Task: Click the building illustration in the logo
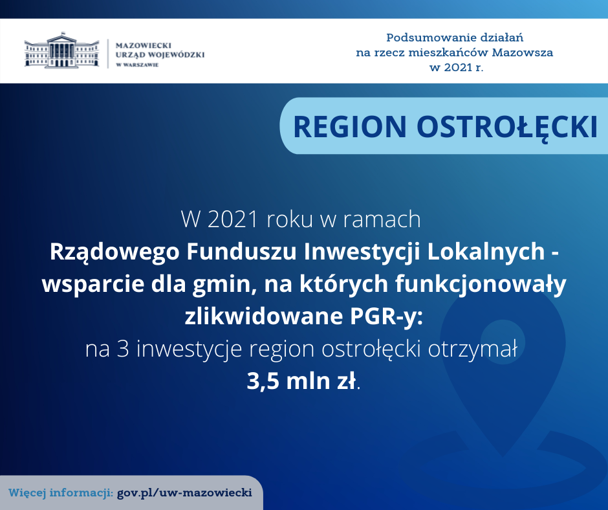61,50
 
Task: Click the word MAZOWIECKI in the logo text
144,45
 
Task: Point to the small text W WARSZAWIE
137,65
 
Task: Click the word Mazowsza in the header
523,52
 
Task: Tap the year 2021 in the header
459,67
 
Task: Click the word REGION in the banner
350,127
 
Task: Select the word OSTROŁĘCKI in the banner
507,127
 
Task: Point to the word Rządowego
114,252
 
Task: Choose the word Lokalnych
486,252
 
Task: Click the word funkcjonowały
481,285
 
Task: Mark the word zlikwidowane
264,316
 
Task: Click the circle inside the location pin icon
503,342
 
